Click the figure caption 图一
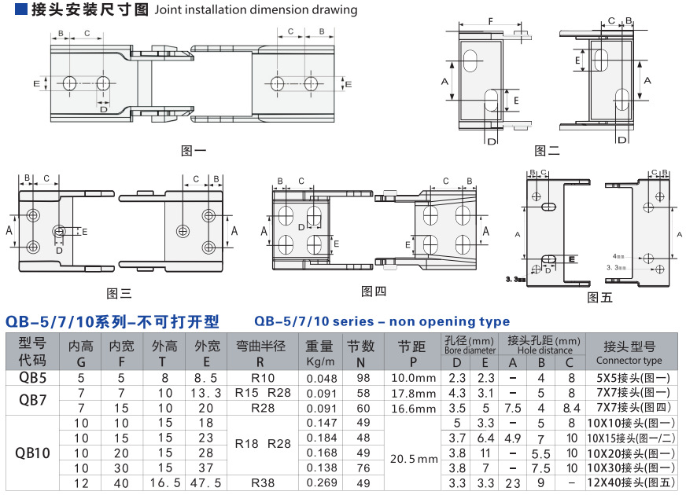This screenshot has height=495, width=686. point(194,151)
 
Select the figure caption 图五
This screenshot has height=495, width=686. point(599,297)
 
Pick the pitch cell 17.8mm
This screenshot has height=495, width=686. point(413,393)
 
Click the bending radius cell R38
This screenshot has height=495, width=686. point(262,482)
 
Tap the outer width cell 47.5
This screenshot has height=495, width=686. point(207,482)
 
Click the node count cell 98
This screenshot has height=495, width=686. point(363,378)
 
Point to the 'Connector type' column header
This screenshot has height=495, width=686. point(629,361)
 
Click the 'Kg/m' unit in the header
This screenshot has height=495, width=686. point(319,361)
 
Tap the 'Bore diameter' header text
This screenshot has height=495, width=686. point(470,350)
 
